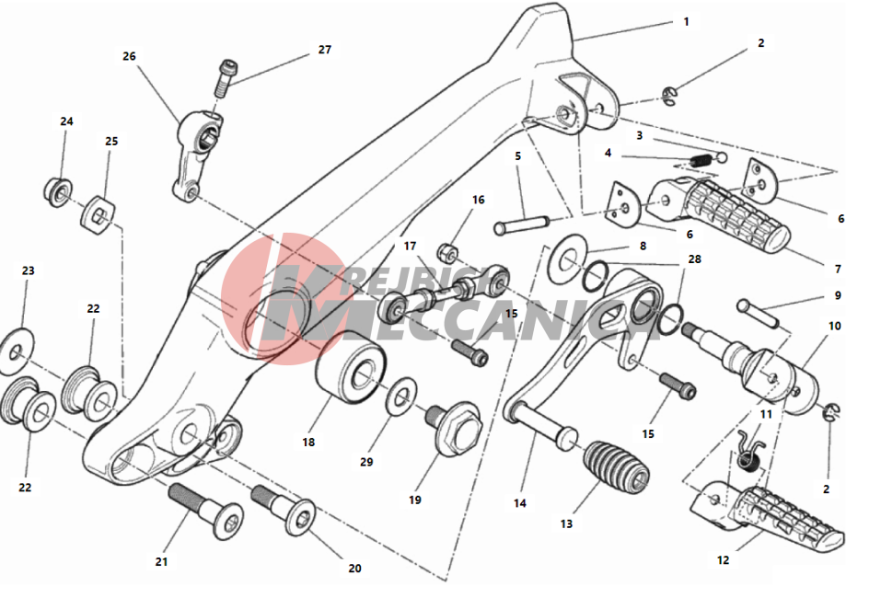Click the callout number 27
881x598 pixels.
pyautogui.click(x=324, y=50)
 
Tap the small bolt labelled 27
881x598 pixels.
pyautogui.click(x=223, y=76)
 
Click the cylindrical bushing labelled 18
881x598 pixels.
pyautogui.click(x=349, y=378)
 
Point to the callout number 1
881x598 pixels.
pyautogui.click(x=686, y=21)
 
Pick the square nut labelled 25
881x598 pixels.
pyautogui.click(x=99, y=215)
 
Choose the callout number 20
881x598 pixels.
pyautogui.click(x=354, y=568)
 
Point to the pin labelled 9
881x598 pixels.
pyautogui.click(x=760, y=312)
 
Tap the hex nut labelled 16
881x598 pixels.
pyautogui.click(x=449, y=250)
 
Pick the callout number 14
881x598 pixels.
pyautogui.click(x=520, y=503)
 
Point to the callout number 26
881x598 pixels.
pyautogui.click(x=129, y=56)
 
